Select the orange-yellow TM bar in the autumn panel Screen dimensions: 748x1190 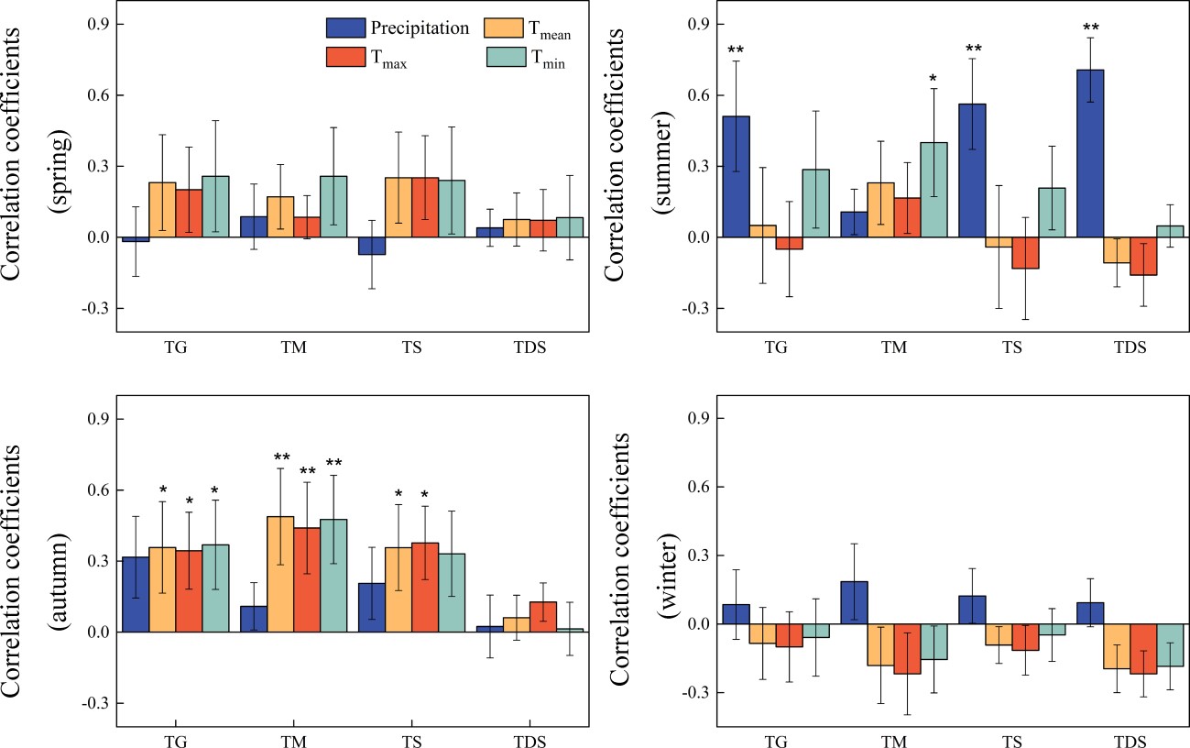coord(280,574)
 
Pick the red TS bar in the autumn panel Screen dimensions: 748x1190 coord(425,588)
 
